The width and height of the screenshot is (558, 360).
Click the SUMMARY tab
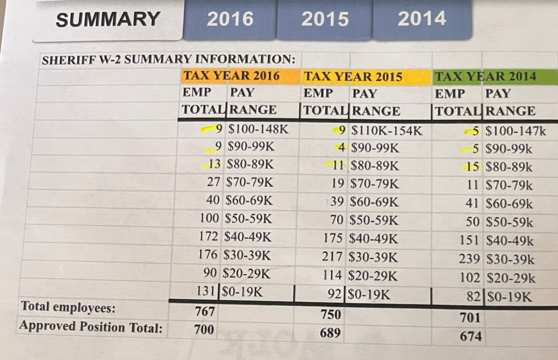click(x=107, y=20)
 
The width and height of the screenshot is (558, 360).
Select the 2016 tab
click(x=230, y=19)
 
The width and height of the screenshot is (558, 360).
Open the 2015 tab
click(x=325, y=19)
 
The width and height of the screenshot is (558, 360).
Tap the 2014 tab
click(x=421, y=19)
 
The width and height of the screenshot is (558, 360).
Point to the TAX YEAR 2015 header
click(x=353, y=77)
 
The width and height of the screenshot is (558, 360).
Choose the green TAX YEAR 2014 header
click(x=485, y=77)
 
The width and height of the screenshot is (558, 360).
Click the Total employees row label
click(x=68, y=308)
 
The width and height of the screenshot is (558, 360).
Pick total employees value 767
click(x=204, y=312)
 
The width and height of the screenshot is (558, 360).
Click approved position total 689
click(x=330, y=332)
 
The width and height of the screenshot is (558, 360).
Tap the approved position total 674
click(x=470, y=336)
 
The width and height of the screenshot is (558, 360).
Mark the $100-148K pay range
click(x=258, y=130)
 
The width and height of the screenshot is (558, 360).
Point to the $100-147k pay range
click(x=515, y=131)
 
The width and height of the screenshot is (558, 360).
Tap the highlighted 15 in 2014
click(x=472, y=167)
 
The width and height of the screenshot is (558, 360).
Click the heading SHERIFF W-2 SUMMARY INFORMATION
click(x=169, y=59)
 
